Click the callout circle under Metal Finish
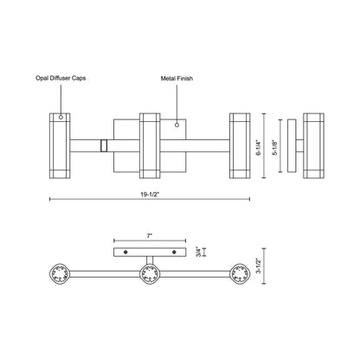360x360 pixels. (x=177, y=125)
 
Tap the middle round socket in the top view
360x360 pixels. (x=149, y=276)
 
